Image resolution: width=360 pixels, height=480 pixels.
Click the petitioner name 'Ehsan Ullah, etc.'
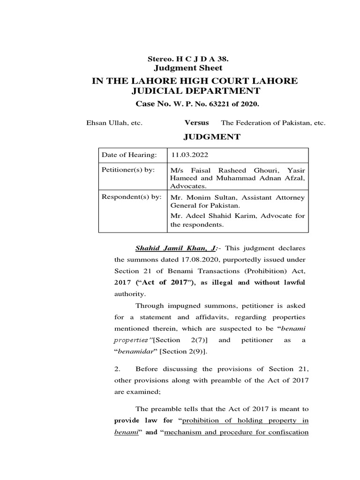pyautogui.click(x=114, y=123)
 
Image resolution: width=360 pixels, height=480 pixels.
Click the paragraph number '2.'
pyautogui.click(x=118, y=369)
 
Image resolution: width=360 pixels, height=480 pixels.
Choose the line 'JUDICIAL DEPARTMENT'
pyautogui.click(x=195, y=90)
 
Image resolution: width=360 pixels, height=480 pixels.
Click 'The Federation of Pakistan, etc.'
pyautogui.click(x=273, y=123)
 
